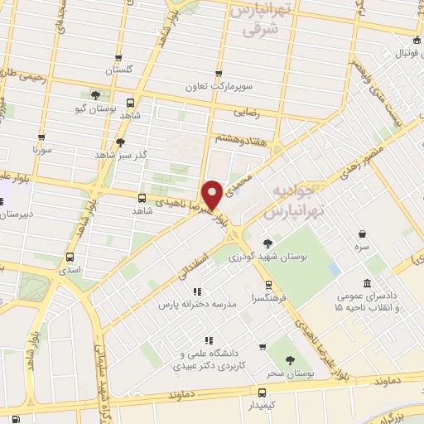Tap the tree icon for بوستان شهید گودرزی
[267, 243]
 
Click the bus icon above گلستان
[121, 59]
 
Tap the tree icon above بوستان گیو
[97, 94]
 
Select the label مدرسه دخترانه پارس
[198, 305]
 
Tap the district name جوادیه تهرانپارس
[293, 202]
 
